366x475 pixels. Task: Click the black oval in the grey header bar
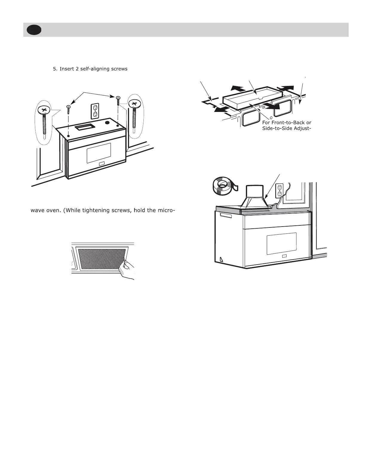click(x=33, y=30)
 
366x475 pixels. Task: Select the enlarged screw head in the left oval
click(x=44, y=110)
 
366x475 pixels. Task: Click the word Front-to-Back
click(x=287, y=123)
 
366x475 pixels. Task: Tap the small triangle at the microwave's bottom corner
click(x=221, y=259)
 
